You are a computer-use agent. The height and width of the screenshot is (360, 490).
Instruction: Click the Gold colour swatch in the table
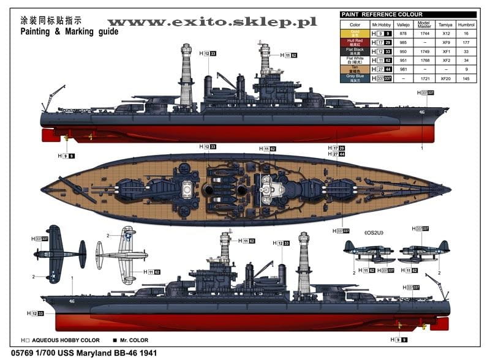click(x=354, y=34)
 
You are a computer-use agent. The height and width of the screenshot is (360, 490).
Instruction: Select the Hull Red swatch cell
click(x=354, y=42)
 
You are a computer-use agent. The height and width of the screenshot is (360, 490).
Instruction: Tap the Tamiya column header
click(x=445, y=25)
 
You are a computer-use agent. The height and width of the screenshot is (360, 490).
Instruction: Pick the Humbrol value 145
click(x=468, y=78)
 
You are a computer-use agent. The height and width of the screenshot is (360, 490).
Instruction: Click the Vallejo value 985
click(x=403, y=42)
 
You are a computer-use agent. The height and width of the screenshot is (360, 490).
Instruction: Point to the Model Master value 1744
click(x=424, y=34)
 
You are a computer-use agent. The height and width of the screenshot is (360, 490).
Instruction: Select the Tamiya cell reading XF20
click(x=445, y=78)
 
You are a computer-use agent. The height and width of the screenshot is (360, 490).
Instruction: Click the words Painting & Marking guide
click(x=69, y=31)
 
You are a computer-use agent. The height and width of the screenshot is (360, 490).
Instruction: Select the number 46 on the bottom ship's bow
click(x=72, y=301)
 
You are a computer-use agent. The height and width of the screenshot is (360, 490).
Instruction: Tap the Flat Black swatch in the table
click(x=354, y=51)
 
